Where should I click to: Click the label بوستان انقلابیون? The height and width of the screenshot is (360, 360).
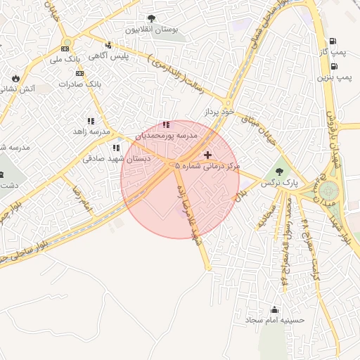click(x=152, y=30)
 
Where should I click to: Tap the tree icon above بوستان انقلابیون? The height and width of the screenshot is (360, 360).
click(x=151, y=18)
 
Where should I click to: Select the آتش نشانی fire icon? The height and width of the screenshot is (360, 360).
click(x=15, y=77)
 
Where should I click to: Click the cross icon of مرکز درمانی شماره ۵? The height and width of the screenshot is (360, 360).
click(x=207, y=154)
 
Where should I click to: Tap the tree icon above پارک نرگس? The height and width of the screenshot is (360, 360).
click(x=279, y=171)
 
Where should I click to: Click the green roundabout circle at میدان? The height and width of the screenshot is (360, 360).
click(x=328, y=191)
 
